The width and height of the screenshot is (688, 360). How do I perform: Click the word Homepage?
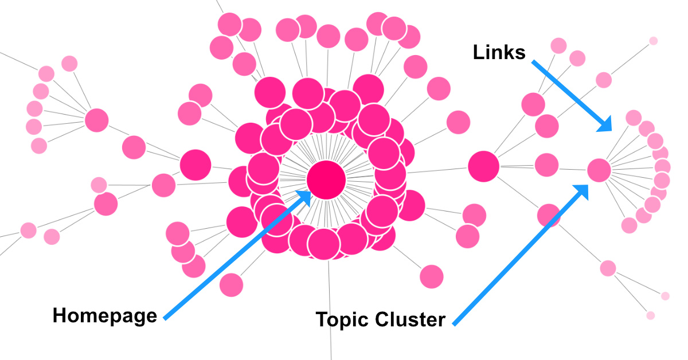click(104, 315)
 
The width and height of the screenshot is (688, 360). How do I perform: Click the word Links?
click(499, 52)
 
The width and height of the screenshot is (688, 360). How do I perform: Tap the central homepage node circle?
click(326, 180)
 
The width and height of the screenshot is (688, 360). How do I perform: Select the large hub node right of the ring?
click(484, 167)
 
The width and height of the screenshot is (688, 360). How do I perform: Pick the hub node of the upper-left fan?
click(97, 120)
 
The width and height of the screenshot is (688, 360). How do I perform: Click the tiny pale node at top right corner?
click(653, 41)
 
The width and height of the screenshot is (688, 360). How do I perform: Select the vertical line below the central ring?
click(330, 310)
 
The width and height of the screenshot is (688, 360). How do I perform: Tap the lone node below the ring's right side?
click(431, 276)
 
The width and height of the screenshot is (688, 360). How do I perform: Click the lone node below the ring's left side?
click(231, 285)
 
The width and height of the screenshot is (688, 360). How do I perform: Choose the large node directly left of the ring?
click(196, 165)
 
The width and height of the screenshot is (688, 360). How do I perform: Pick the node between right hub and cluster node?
click(547, 165)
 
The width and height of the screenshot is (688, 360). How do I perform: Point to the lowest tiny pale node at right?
click(650, 315)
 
